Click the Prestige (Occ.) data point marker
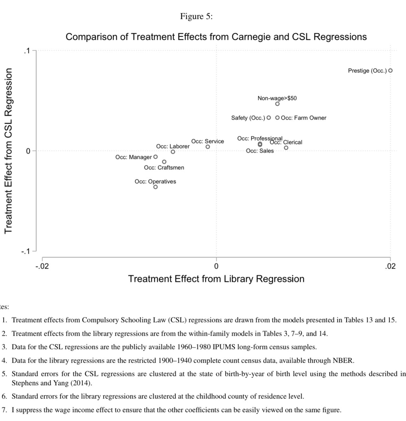391,71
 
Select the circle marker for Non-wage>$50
277,104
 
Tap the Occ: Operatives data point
155,187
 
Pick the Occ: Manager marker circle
156,157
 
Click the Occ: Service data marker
208,147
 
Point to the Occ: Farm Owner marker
277,118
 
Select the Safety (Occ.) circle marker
269,118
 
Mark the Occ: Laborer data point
173,152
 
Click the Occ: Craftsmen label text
164,168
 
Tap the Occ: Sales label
260,151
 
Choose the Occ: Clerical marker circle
286,148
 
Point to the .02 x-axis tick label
390,266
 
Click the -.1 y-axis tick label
25,251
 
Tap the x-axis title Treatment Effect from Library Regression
216,279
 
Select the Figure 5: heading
196,16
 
